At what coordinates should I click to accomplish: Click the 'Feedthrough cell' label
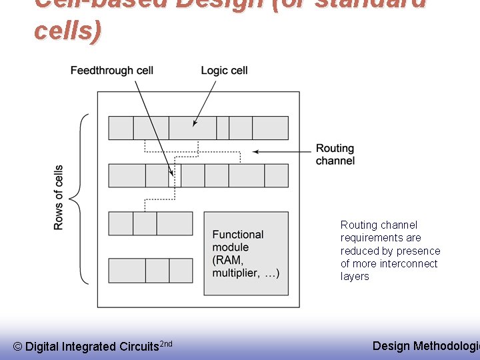[x=111, y=71]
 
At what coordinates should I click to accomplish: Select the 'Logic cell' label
[x=224, y=71]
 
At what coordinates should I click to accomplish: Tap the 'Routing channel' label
[x=335, y=154]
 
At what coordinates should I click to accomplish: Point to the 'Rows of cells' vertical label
[x=59, y=197]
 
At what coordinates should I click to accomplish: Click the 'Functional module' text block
[x=238, y=235]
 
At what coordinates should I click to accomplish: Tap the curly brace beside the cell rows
[x=81, y=199]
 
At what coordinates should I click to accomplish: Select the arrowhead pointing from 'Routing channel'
[x=256, y=151]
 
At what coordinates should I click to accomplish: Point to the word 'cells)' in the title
[x=67, y=31]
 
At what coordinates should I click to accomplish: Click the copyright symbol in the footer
[x=17, y=347]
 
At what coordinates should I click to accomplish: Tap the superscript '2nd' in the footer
[x=167, y=343]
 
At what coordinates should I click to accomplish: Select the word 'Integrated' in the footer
[x=89, y=347]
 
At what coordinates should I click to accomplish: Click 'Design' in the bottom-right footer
[x=391, y=345]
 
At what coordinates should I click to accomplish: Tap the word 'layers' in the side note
[x=355, y=276]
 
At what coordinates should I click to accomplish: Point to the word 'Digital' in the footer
[x=42, y=347]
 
